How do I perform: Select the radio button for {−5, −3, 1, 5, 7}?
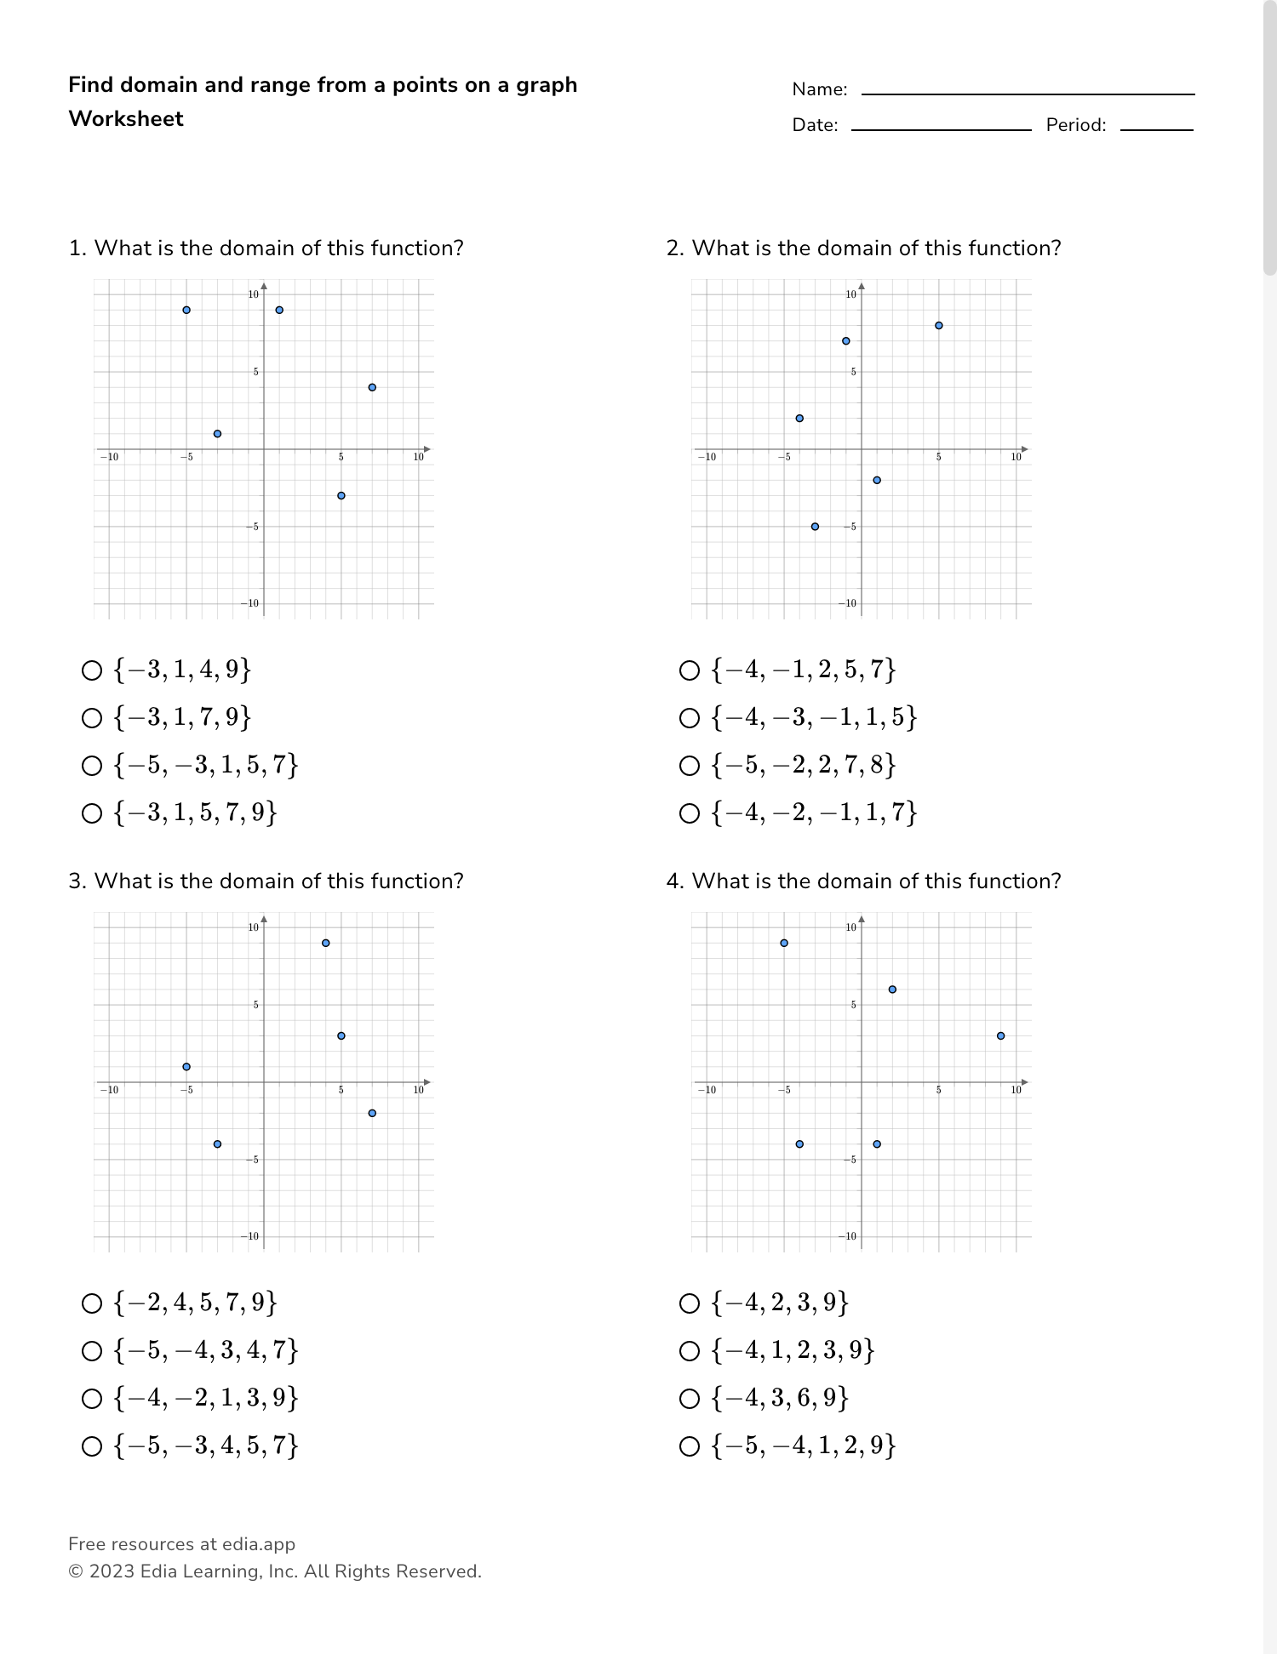point(92,766)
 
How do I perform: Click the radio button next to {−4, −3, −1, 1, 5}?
point(690,718)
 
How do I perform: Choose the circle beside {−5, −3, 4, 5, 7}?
point(92,1446)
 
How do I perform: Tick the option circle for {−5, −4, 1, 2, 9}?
point(690,1446)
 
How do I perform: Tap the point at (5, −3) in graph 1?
point(341,495)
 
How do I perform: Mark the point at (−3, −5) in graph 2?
point(815,527)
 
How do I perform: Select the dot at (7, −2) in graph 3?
point(372,1113)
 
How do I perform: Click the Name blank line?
point(1028,92)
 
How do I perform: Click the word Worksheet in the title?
point(126,119)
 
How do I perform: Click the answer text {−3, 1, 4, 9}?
point(183,670)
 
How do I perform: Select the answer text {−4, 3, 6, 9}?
point(781,1399)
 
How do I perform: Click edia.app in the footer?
point(259,1544)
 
